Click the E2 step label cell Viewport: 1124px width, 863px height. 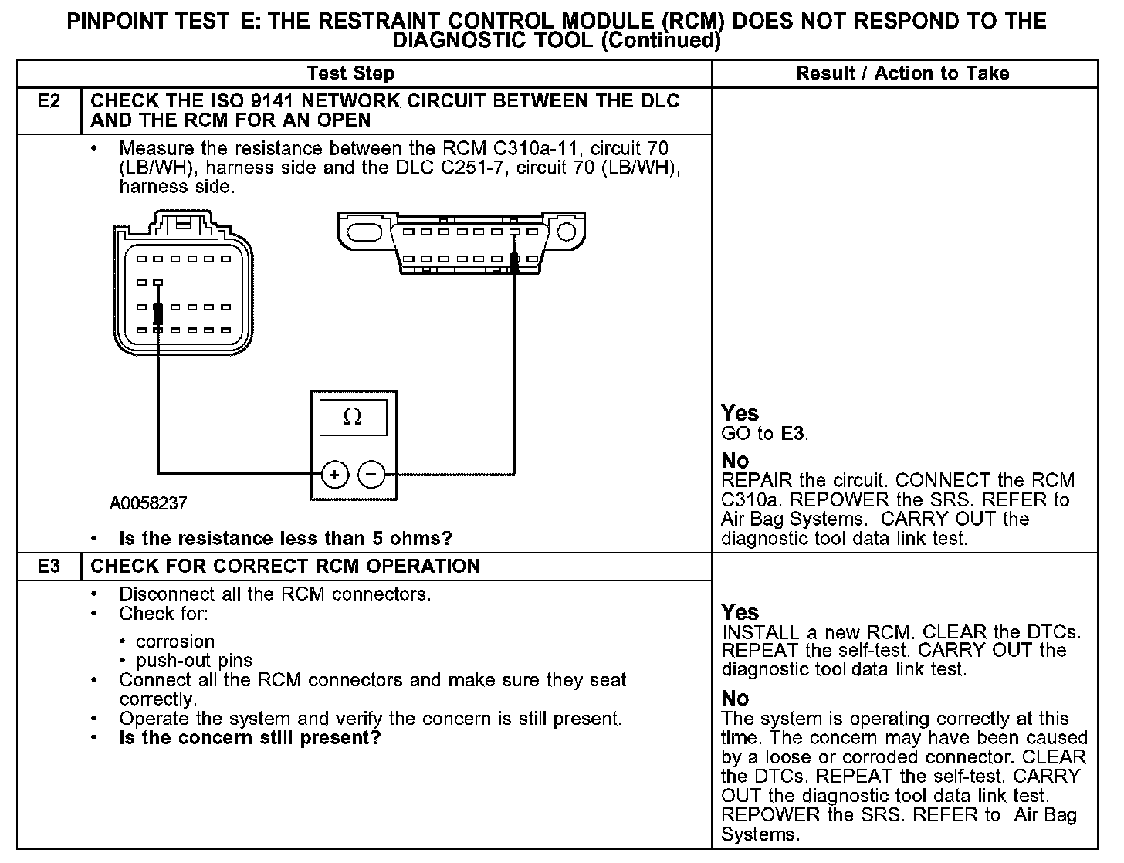tap(49, 102)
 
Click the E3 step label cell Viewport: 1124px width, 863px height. tap(49, 567)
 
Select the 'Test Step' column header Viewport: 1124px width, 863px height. tap(350, 73)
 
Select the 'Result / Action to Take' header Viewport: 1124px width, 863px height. tap(902, 73)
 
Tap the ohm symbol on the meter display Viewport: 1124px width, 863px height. tap(352, 418)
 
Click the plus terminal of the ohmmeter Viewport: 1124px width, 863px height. tap(334, 474)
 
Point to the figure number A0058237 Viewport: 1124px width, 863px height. tap(148, 503)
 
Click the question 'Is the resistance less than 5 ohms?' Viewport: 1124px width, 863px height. tap(285, 538)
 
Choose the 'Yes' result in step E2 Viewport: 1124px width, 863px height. tap(740, 413)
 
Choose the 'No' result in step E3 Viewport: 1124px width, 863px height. tap(735, 699)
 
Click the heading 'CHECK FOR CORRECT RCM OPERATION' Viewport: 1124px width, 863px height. tap(285, 567)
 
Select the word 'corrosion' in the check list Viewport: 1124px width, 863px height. tap(175, 641)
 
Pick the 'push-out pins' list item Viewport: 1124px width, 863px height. tap(194, 661)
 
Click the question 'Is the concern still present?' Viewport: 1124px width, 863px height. tap(249, 738)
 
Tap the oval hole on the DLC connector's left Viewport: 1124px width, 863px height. tap(364, 232)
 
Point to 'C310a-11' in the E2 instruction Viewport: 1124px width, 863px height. tap(523, 148)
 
